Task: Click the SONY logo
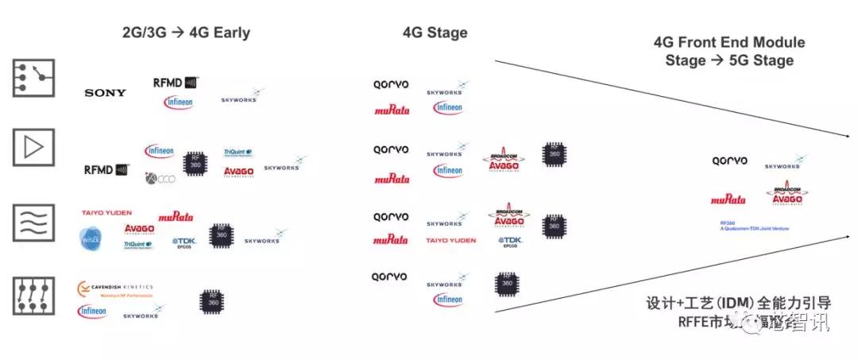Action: [105, 93]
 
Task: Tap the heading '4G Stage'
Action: [435, 33]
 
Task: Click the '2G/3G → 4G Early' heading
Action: [186, 33]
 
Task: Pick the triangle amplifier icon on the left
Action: [33, 148]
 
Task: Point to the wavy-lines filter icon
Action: [33, 223]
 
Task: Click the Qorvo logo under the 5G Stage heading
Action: [729, 161]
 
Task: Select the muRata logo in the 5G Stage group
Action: [728, 199]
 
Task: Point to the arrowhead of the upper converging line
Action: [843, 137]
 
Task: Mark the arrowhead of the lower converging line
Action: [843, 237]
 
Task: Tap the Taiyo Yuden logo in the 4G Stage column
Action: [450, 240]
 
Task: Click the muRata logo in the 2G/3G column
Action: [176, 216]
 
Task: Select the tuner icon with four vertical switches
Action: [33, 296]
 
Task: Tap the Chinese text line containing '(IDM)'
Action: [738, 304]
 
